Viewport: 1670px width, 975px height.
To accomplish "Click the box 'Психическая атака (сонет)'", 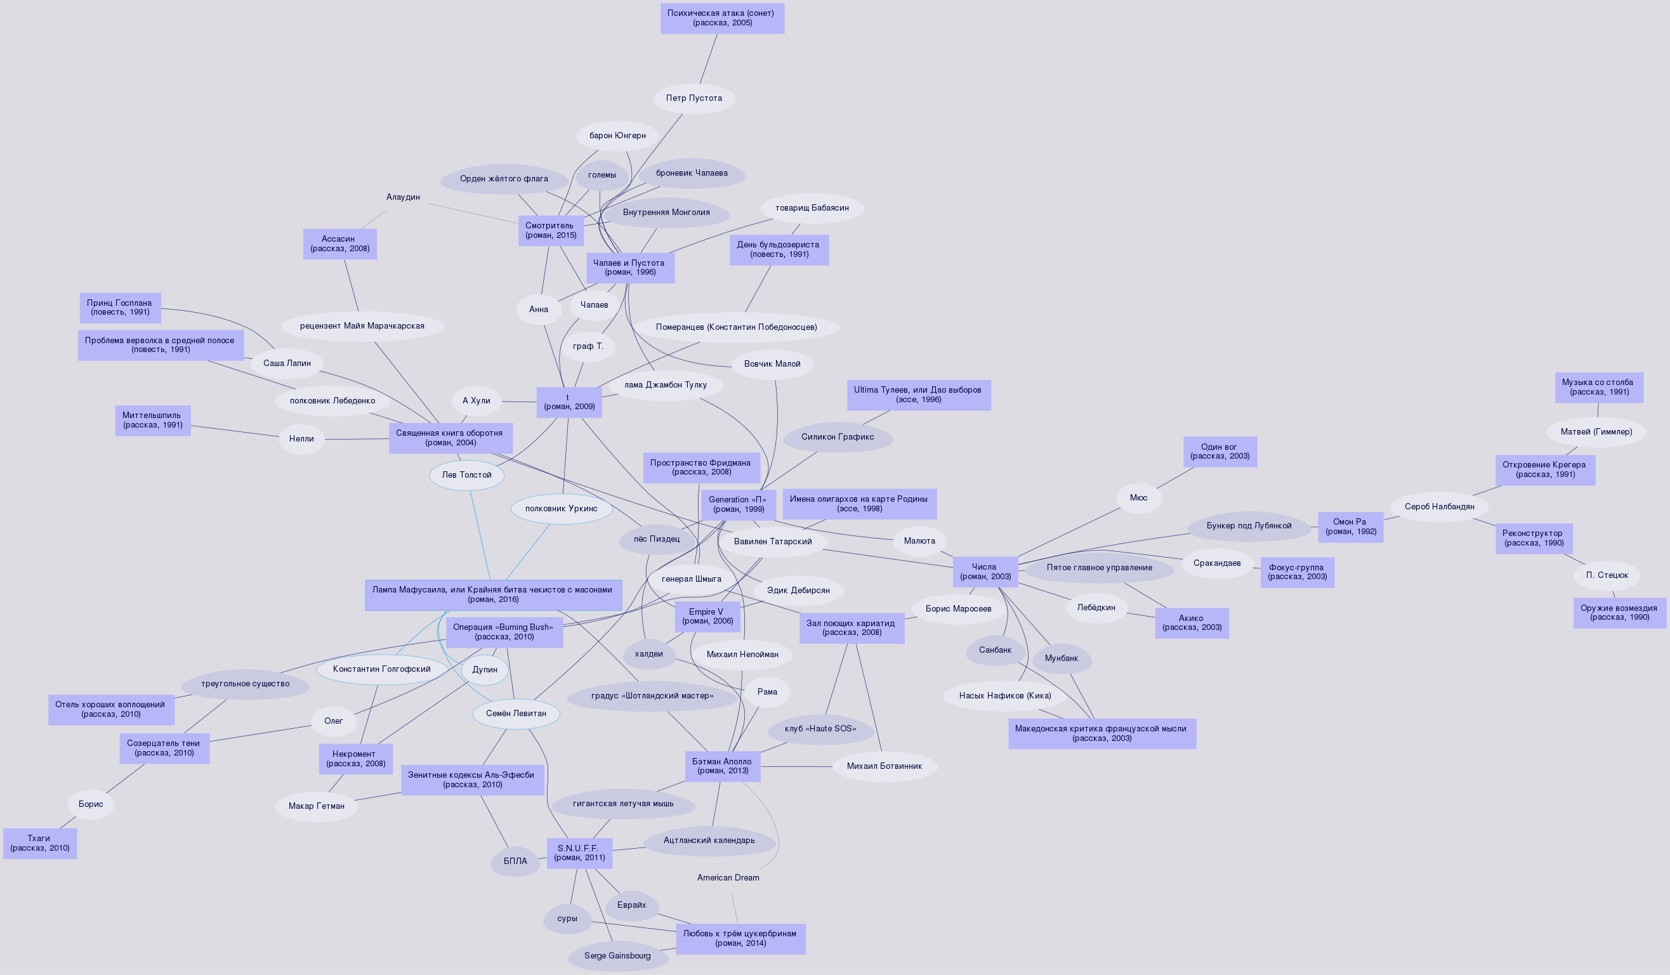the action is point(721,18).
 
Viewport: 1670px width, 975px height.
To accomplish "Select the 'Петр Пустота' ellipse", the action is point(694,98).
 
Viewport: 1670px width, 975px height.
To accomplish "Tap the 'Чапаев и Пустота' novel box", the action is point(629,268).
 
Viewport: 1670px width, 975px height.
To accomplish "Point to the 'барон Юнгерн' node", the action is point(617,136).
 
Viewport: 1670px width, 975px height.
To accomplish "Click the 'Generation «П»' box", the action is point(737,505).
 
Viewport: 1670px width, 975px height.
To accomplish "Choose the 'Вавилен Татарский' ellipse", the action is point(772,542).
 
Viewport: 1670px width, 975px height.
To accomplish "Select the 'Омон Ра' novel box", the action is point(1350,527).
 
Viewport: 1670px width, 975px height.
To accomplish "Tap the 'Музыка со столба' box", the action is point(1598,388).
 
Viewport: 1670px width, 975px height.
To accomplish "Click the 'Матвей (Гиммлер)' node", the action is point(1596,432).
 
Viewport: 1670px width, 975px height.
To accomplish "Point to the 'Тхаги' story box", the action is point(40,843).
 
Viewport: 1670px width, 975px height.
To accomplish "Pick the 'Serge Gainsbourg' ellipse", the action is point(617,956).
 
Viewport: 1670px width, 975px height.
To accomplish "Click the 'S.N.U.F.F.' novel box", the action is point(579,853).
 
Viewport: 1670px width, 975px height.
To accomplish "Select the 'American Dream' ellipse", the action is point(728,879).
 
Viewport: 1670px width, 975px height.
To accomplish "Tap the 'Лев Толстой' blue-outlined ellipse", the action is point(466,475).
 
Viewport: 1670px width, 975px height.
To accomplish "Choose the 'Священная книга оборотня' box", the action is point(450,438).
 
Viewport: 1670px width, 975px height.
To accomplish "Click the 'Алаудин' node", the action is point(403,197).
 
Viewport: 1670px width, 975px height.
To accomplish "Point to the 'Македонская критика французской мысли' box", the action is point(1101,733).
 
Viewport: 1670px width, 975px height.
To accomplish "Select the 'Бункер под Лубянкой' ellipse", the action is point(1249,526).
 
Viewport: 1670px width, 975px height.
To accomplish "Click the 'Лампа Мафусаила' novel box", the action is point(493,595).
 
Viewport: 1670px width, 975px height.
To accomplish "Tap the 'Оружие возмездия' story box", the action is point(1619,613).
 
